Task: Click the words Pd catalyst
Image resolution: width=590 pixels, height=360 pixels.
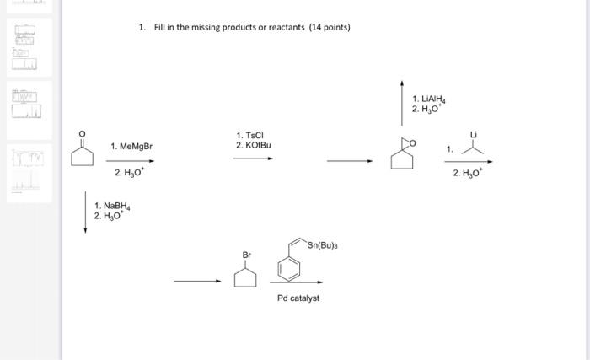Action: [x=298, y=298]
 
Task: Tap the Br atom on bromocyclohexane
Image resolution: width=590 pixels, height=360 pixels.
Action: [x=246, y=255]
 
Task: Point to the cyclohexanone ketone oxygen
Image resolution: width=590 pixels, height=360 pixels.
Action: [x=81, y=133]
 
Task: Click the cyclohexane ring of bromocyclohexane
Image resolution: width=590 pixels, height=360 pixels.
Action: [x=246, y=277]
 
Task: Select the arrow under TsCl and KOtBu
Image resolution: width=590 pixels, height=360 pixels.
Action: [x=253, y=158]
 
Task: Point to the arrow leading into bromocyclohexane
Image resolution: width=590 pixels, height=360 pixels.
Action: [x=197, y=281]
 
